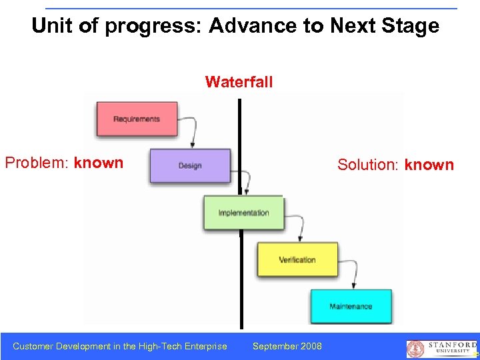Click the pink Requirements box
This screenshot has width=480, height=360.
[x=137, y=119]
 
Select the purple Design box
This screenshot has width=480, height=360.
[x=190, y=165]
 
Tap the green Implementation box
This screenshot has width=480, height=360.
[x=244, y=213]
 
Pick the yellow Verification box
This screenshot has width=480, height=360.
[x=297, y=259]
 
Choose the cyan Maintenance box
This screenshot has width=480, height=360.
[x=351, y=306]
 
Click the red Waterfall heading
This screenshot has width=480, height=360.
[x=239, y=82]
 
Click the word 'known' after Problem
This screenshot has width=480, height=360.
[x=99, y=163]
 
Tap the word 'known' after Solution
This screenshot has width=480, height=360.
[x=429, y=165]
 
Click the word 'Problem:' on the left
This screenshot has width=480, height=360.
[x=37, y=163]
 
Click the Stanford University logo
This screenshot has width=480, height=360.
[x=442, y=348]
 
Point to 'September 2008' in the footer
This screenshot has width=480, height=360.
[x=287, y=346]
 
